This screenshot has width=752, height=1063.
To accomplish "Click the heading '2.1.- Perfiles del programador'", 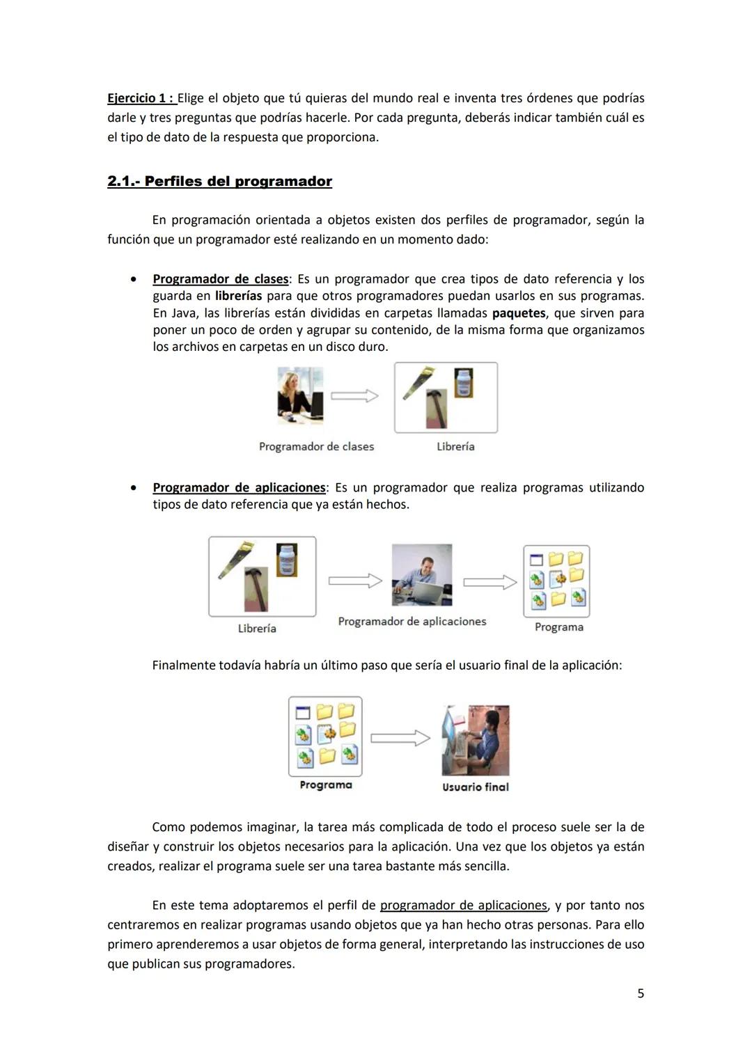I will [x=219, y=182].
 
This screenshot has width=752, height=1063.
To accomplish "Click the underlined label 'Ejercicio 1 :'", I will [x=140, y=98].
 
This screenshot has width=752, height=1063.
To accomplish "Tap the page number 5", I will [x=641, y=993].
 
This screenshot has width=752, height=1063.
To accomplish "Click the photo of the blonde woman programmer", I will [x=300, y=396].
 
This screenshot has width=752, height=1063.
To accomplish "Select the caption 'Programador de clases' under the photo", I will [x=316, y=447].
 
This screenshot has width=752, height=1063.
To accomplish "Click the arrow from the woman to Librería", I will [x=354, y=396].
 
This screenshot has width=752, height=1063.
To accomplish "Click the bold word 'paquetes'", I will [x=519, y=313].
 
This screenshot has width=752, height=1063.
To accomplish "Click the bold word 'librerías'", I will [x=238, y=296].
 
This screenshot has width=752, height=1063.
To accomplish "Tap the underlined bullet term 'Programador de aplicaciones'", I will [x=239, y=487].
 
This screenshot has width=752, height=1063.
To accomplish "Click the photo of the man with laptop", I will [x=422, y=576].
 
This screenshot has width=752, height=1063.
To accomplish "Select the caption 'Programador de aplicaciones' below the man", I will [x=412, y=622].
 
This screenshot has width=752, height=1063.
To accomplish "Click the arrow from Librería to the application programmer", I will [x=355, y=581].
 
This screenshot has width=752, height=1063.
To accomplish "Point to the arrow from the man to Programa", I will [x=489, y=582].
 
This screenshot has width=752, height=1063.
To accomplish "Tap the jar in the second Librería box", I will [x=287, y=560].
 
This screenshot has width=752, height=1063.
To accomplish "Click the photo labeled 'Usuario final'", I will [x=476, y=740].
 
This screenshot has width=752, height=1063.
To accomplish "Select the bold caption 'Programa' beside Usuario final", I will [x=326, y=785].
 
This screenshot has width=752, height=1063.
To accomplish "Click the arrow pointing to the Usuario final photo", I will [x=400, y=738].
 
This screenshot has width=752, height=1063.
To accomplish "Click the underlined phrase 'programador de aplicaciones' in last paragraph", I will [x=464, y=905].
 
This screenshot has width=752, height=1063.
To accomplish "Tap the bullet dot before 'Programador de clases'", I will [x=133, y=279].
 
